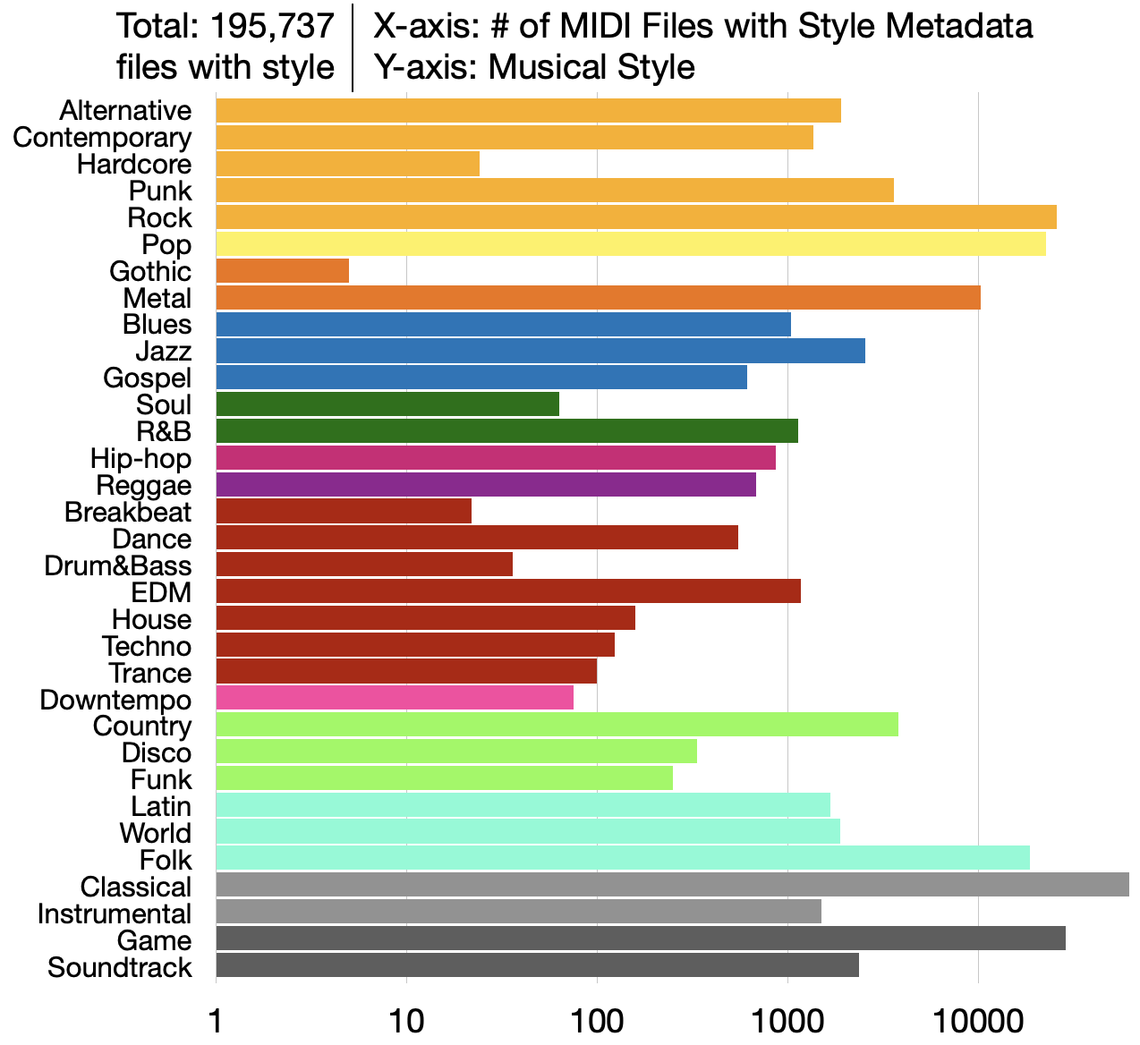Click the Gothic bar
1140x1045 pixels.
pyautogui.click(x=282, y=271)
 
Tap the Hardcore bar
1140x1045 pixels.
pyautogui.click(x=347, y=165)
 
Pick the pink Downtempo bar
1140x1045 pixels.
pyautogui.click(x=394, y=698)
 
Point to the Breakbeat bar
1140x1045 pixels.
pyautogui.click(x=344, y=512)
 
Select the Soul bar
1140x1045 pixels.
pyautogui.click(x=387, y=404)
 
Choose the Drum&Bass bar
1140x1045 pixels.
pyautogui.click(x=363, y=565)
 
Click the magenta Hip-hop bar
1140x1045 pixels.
pyautogui.click(x=495, y=458)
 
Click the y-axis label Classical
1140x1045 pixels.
pyautogui.click(x=136, y=888)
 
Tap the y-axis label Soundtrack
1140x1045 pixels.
pyautogui.click(x=120, y=968)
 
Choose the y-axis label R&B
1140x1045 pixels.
pyautogui.click(x=164, y=432)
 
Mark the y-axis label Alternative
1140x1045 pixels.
pyautogui.click(x=126, y=111)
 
